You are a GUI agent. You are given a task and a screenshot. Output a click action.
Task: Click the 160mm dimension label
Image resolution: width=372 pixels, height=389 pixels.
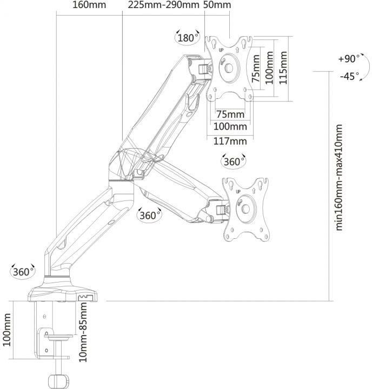click(89, 5)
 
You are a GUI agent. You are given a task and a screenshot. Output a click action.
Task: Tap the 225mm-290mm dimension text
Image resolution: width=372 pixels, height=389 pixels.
click(164, 5)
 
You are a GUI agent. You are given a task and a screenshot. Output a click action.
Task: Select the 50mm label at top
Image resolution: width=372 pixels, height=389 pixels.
click(217, 5)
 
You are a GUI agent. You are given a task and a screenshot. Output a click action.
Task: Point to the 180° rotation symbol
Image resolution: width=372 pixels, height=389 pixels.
click(188, 38)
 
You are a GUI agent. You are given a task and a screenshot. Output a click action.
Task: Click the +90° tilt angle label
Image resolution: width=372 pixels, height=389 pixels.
click(349, 59)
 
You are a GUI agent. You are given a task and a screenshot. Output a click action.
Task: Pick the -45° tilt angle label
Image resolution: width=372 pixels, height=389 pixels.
click(349, 76)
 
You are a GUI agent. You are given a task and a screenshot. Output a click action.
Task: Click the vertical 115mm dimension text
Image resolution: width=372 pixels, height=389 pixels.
click(283, 68)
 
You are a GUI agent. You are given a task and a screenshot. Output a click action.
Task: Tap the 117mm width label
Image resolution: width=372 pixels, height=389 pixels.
click(230, 142)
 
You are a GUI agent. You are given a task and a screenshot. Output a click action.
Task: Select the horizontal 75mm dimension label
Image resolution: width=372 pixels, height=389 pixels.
click(230, 115)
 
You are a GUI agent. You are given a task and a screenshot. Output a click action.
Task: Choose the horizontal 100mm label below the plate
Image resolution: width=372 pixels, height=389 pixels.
click(230, 127)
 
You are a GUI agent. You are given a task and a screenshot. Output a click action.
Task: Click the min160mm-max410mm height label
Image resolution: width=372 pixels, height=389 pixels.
click(339, 177)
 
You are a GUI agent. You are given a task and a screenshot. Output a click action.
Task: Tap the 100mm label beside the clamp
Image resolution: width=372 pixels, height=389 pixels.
click(6, 330)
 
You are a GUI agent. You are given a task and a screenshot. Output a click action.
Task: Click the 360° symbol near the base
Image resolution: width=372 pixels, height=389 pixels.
click(23, 272)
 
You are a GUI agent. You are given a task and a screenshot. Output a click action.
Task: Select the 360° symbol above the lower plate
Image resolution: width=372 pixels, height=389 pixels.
click(234, 162)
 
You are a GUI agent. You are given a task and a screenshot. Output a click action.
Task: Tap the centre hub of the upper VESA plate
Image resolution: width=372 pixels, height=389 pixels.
click(229, 68)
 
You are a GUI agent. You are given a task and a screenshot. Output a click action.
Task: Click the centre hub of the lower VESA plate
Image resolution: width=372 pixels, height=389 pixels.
click(246, 209)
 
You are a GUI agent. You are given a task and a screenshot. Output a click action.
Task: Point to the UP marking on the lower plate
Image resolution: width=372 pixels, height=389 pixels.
click(238, 192)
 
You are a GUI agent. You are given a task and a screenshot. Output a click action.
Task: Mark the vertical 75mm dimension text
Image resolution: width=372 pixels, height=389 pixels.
click(256, 69)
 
